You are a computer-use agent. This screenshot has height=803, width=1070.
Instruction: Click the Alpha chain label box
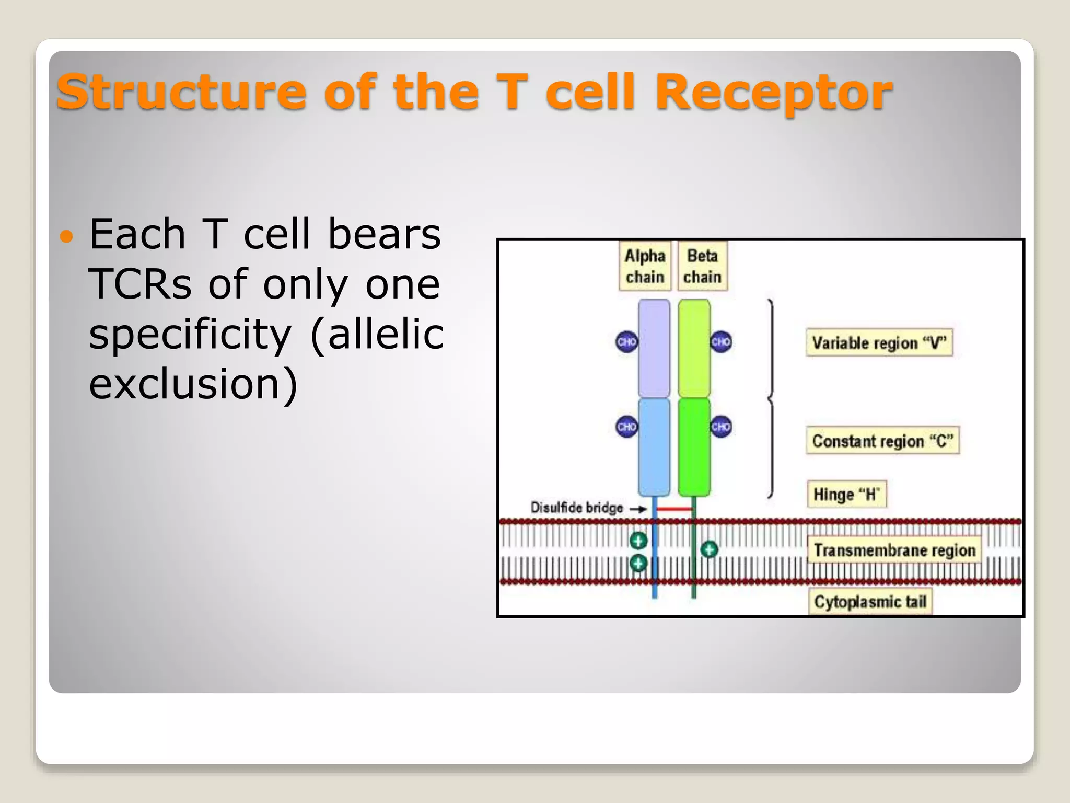tap(645, 266)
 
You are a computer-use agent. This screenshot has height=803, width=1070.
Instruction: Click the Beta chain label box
tap(702, 266)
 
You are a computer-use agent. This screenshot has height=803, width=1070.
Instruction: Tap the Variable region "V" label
tap(879, 343)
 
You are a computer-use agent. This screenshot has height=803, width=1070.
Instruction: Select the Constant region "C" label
tap(882, 441)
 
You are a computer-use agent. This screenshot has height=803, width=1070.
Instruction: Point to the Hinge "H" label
tap(846, 494)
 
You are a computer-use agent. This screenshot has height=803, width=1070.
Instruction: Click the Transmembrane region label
tap(894, 550)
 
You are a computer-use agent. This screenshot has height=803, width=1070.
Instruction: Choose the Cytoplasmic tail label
tap(870, 602)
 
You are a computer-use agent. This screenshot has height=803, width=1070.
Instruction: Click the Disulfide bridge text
tap(577, 508)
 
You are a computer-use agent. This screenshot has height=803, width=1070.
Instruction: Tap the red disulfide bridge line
tap(674, 509)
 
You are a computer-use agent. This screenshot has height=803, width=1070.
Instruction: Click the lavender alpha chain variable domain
tap(654, 348)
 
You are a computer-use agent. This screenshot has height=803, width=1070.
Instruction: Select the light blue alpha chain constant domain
tap(654, 448)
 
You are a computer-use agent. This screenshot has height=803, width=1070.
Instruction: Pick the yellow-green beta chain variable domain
tap(694, 348)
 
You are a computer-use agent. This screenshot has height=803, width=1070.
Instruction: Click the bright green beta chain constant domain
tap(694, 448)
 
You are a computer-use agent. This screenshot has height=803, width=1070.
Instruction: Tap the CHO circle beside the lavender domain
tap(626, 342)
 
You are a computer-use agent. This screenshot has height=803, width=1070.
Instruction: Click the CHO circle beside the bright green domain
tap(721, 427)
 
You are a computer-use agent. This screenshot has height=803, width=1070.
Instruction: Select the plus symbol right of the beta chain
tap(709, 549)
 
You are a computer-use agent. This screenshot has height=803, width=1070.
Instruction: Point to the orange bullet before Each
tap(66, 237)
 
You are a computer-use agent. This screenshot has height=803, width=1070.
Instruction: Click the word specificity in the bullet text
tap(190, 335)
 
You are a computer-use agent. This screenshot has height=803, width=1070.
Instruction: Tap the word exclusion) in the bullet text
tap(193, 384)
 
